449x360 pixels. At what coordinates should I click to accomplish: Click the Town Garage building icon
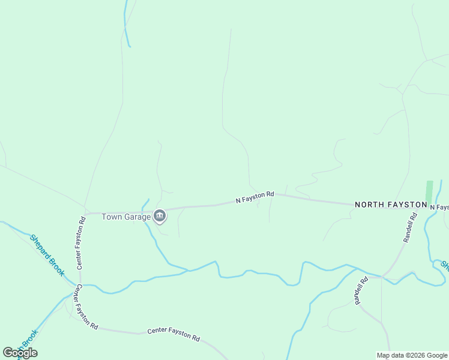[x=160, y=216]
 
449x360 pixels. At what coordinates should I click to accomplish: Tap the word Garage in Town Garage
[x=137, y=217]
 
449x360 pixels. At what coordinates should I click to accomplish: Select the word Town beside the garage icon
[x=112, y=217]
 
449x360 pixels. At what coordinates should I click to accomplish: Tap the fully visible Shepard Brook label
[x=47, y=255]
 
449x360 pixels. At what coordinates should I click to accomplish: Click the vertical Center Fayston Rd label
[x=80, y=242]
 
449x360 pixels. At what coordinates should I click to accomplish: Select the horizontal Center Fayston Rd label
[x=173, y=335]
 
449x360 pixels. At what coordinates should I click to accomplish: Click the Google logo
[x=20, y=353]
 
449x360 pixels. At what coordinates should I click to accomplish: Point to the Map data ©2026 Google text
[x=412, y=355]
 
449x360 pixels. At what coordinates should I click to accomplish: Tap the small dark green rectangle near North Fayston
[x=429, y=191]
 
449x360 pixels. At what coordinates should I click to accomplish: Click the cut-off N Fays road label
[x=440, y=208]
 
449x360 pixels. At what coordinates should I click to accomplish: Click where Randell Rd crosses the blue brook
[x=383, y=277]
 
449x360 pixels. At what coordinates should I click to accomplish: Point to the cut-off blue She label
[x=445, y=265]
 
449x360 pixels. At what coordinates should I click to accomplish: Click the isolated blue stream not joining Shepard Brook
[x=125, y=24]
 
